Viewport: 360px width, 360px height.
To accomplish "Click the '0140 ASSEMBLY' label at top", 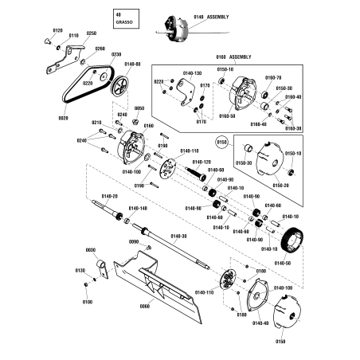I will (x=211, y=17).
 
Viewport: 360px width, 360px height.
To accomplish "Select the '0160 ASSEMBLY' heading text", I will (x=233, y=57).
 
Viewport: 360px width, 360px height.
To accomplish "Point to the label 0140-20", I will (x=109, y=197).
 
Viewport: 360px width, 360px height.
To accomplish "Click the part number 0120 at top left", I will (x=57, y=30).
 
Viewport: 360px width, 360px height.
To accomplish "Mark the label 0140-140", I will (x=138, y=209).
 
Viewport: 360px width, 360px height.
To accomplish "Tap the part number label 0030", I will (x=90, y=250).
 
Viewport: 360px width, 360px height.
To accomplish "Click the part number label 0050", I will (x=139, y=108).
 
